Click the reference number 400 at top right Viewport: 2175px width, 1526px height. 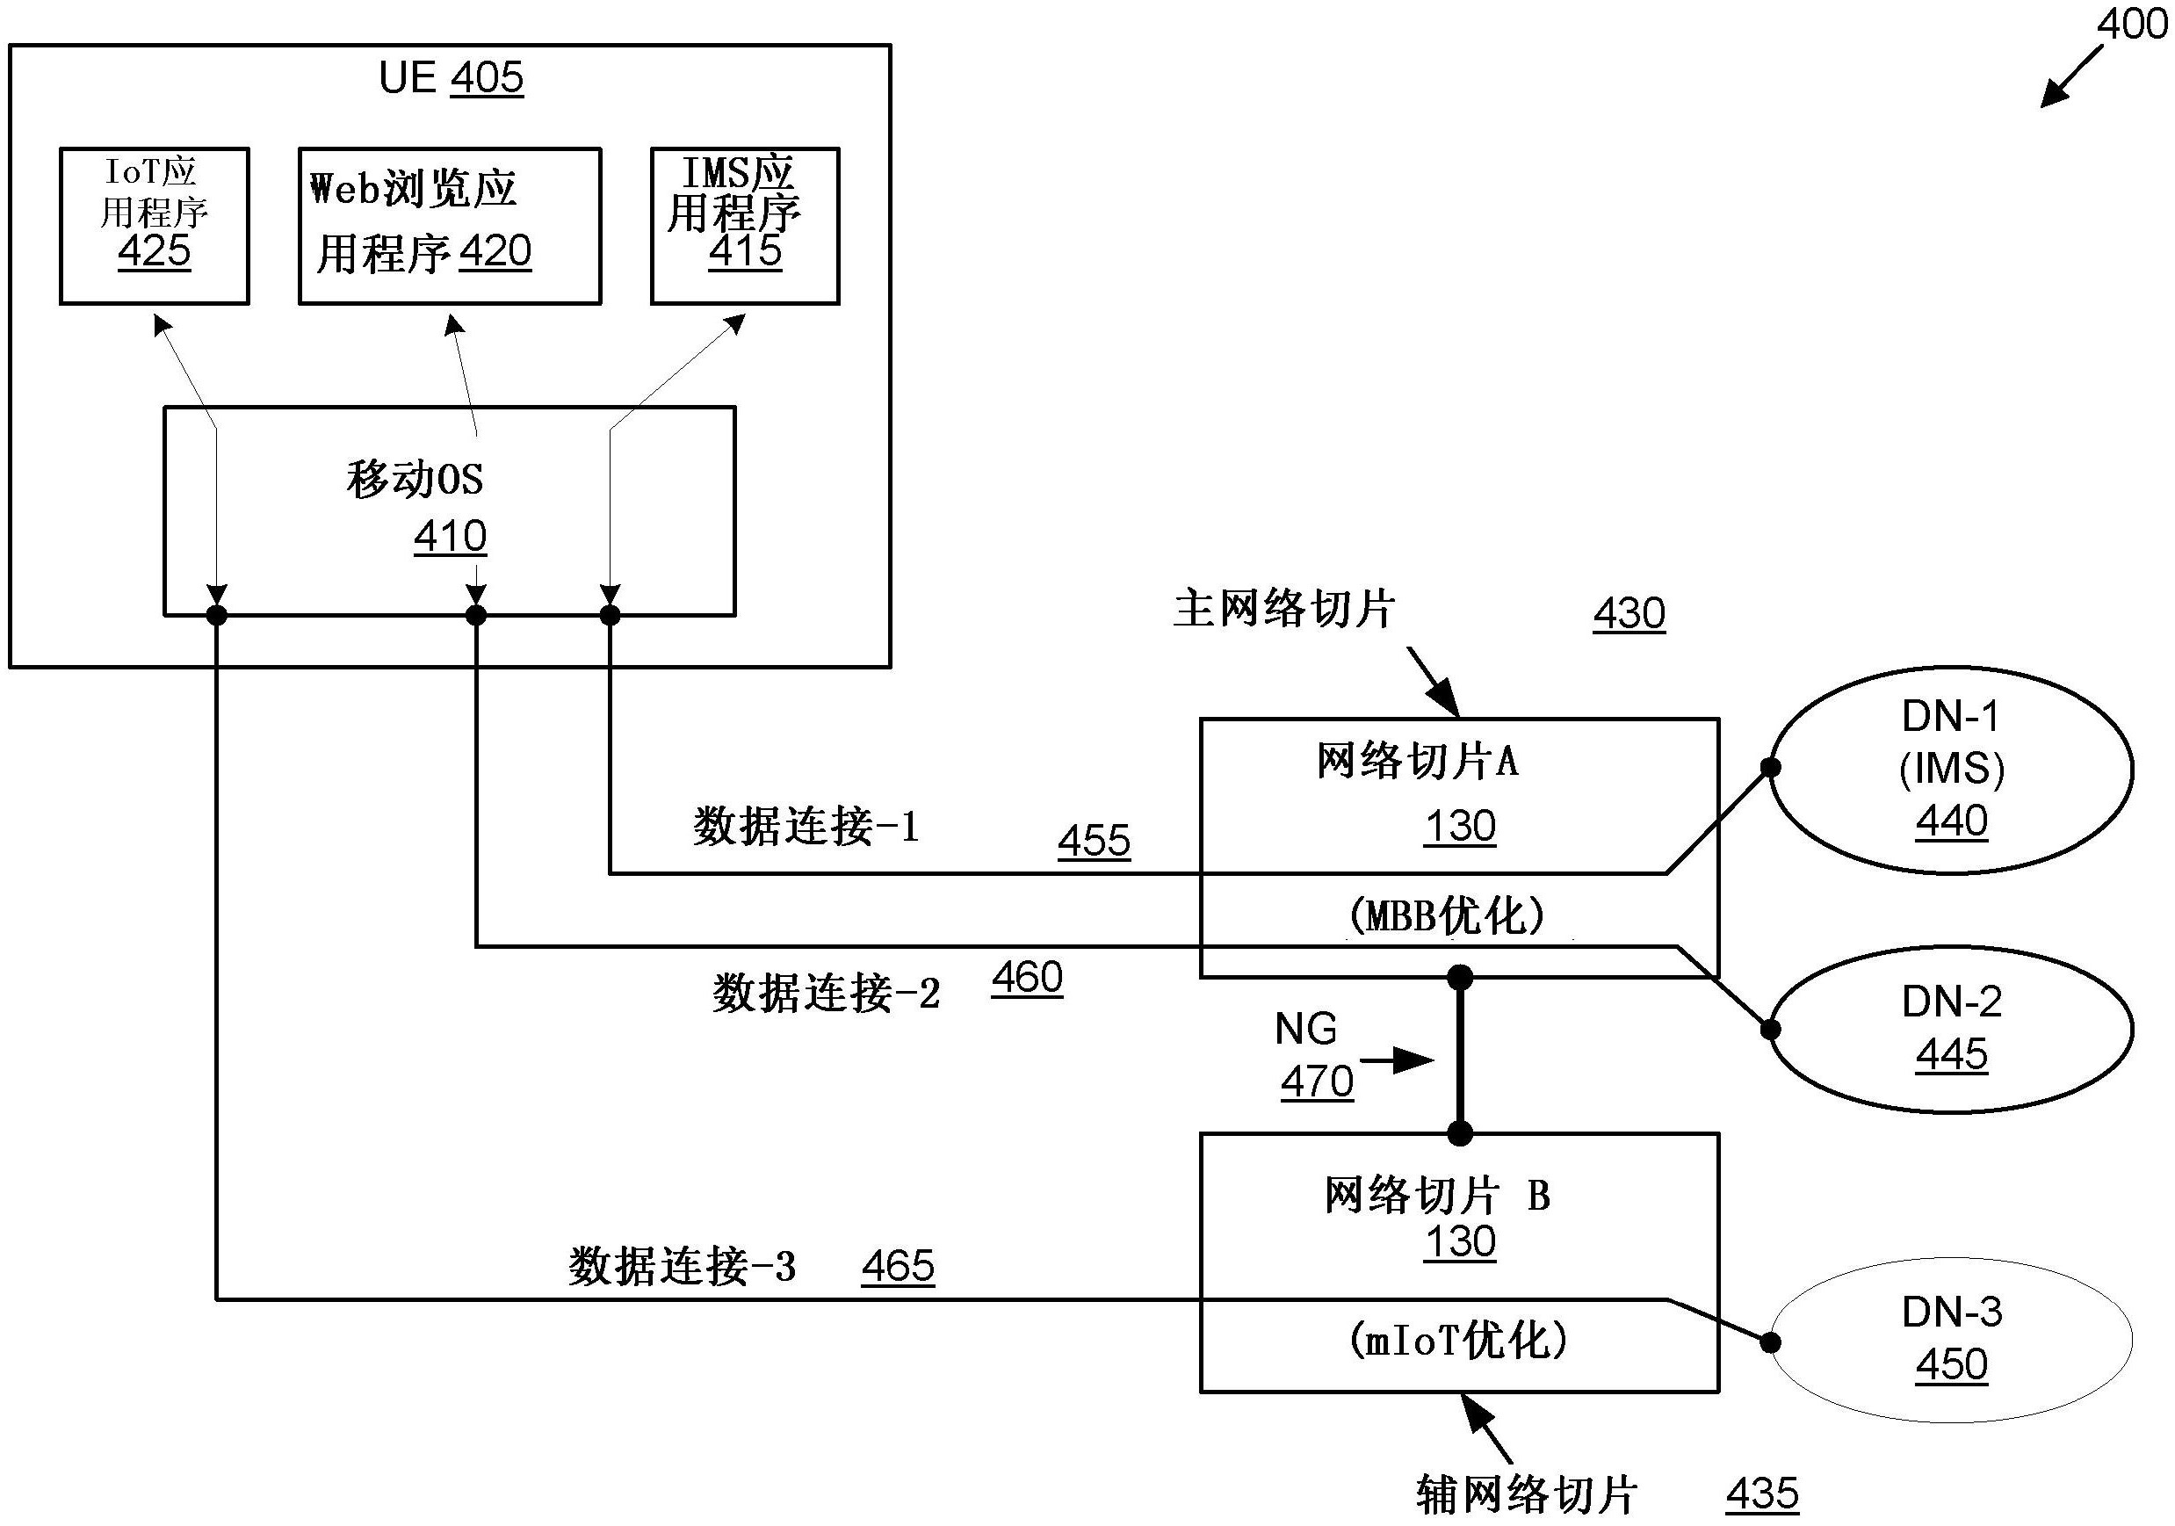(2131, 23)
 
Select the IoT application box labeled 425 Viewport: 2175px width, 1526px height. (155, 226)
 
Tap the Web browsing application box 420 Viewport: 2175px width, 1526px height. (449, 226)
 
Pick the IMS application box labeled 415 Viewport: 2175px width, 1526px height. (745, 226)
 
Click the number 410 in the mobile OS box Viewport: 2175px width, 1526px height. (450, 537)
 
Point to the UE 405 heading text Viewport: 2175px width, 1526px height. (451, 77)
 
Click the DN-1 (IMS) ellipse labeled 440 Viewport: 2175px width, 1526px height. (1951, 770)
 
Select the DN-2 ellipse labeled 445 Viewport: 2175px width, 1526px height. (1951, 1030)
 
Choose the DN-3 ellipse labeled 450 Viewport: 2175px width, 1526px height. (1951, 1340)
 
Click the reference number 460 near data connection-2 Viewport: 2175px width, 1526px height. (1027, 978)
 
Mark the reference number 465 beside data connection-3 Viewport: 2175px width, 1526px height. (898, 1265)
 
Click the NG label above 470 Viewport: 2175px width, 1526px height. (1305, 1029)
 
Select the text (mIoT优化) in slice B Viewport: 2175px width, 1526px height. (1458, 1341)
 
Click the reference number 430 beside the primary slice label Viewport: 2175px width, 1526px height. (1629, 613)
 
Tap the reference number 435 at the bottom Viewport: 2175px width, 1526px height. (1762, 1493)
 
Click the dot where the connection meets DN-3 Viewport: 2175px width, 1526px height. (1769, 1342)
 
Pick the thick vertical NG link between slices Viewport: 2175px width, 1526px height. (1460, 1055)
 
